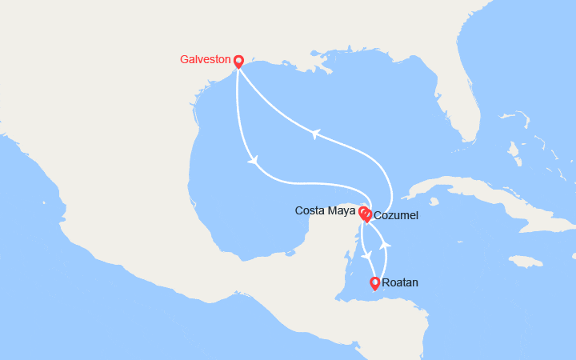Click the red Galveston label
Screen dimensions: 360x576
click(x=206, y=60)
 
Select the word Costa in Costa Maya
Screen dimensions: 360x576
click(x=310, y=211)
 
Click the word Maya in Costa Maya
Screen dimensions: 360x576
click(x=342, y=211)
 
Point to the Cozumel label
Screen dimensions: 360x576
click(x=395, y=216)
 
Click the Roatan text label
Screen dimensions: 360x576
click(x=400, y=283)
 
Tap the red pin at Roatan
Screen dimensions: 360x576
click(x=374, y=283)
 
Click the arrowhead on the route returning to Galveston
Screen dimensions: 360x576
click(x=315, y=134)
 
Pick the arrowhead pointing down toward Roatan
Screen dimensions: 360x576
click(x=368, y=255)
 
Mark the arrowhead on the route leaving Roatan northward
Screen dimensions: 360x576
click(x=385, y=242)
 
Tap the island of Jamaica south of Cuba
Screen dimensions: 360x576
click(x=525, y=261)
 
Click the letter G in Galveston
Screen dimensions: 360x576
click(x=184, y=60)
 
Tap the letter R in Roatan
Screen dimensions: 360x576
click(x=386, y=283)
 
